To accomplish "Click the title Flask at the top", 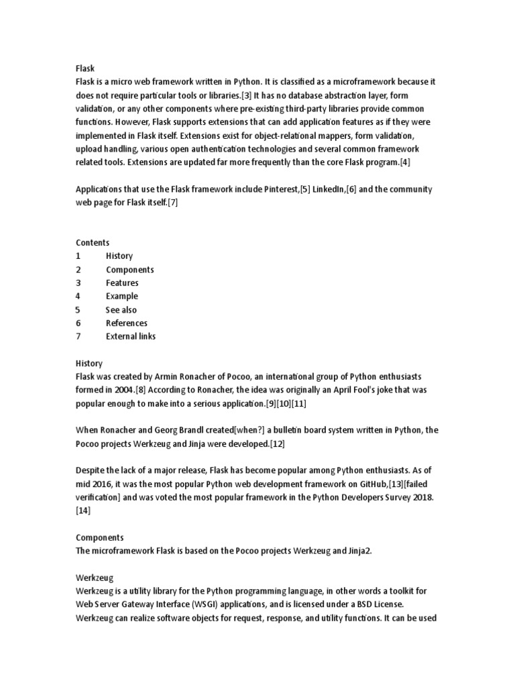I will pos(85,68).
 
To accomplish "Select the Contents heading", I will pos(93,243).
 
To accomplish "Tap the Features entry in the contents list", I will pos(122,283).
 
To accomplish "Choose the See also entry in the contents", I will pos(121,310).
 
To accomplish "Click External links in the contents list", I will pos(131,337).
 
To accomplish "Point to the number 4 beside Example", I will pos(78,297).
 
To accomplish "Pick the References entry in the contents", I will pos(127,323).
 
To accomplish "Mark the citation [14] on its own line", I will pos(83,511).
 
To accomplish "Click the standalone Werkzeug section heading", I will pos(95,577).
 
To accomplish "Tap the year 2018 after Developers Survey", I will pos(422,498).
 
